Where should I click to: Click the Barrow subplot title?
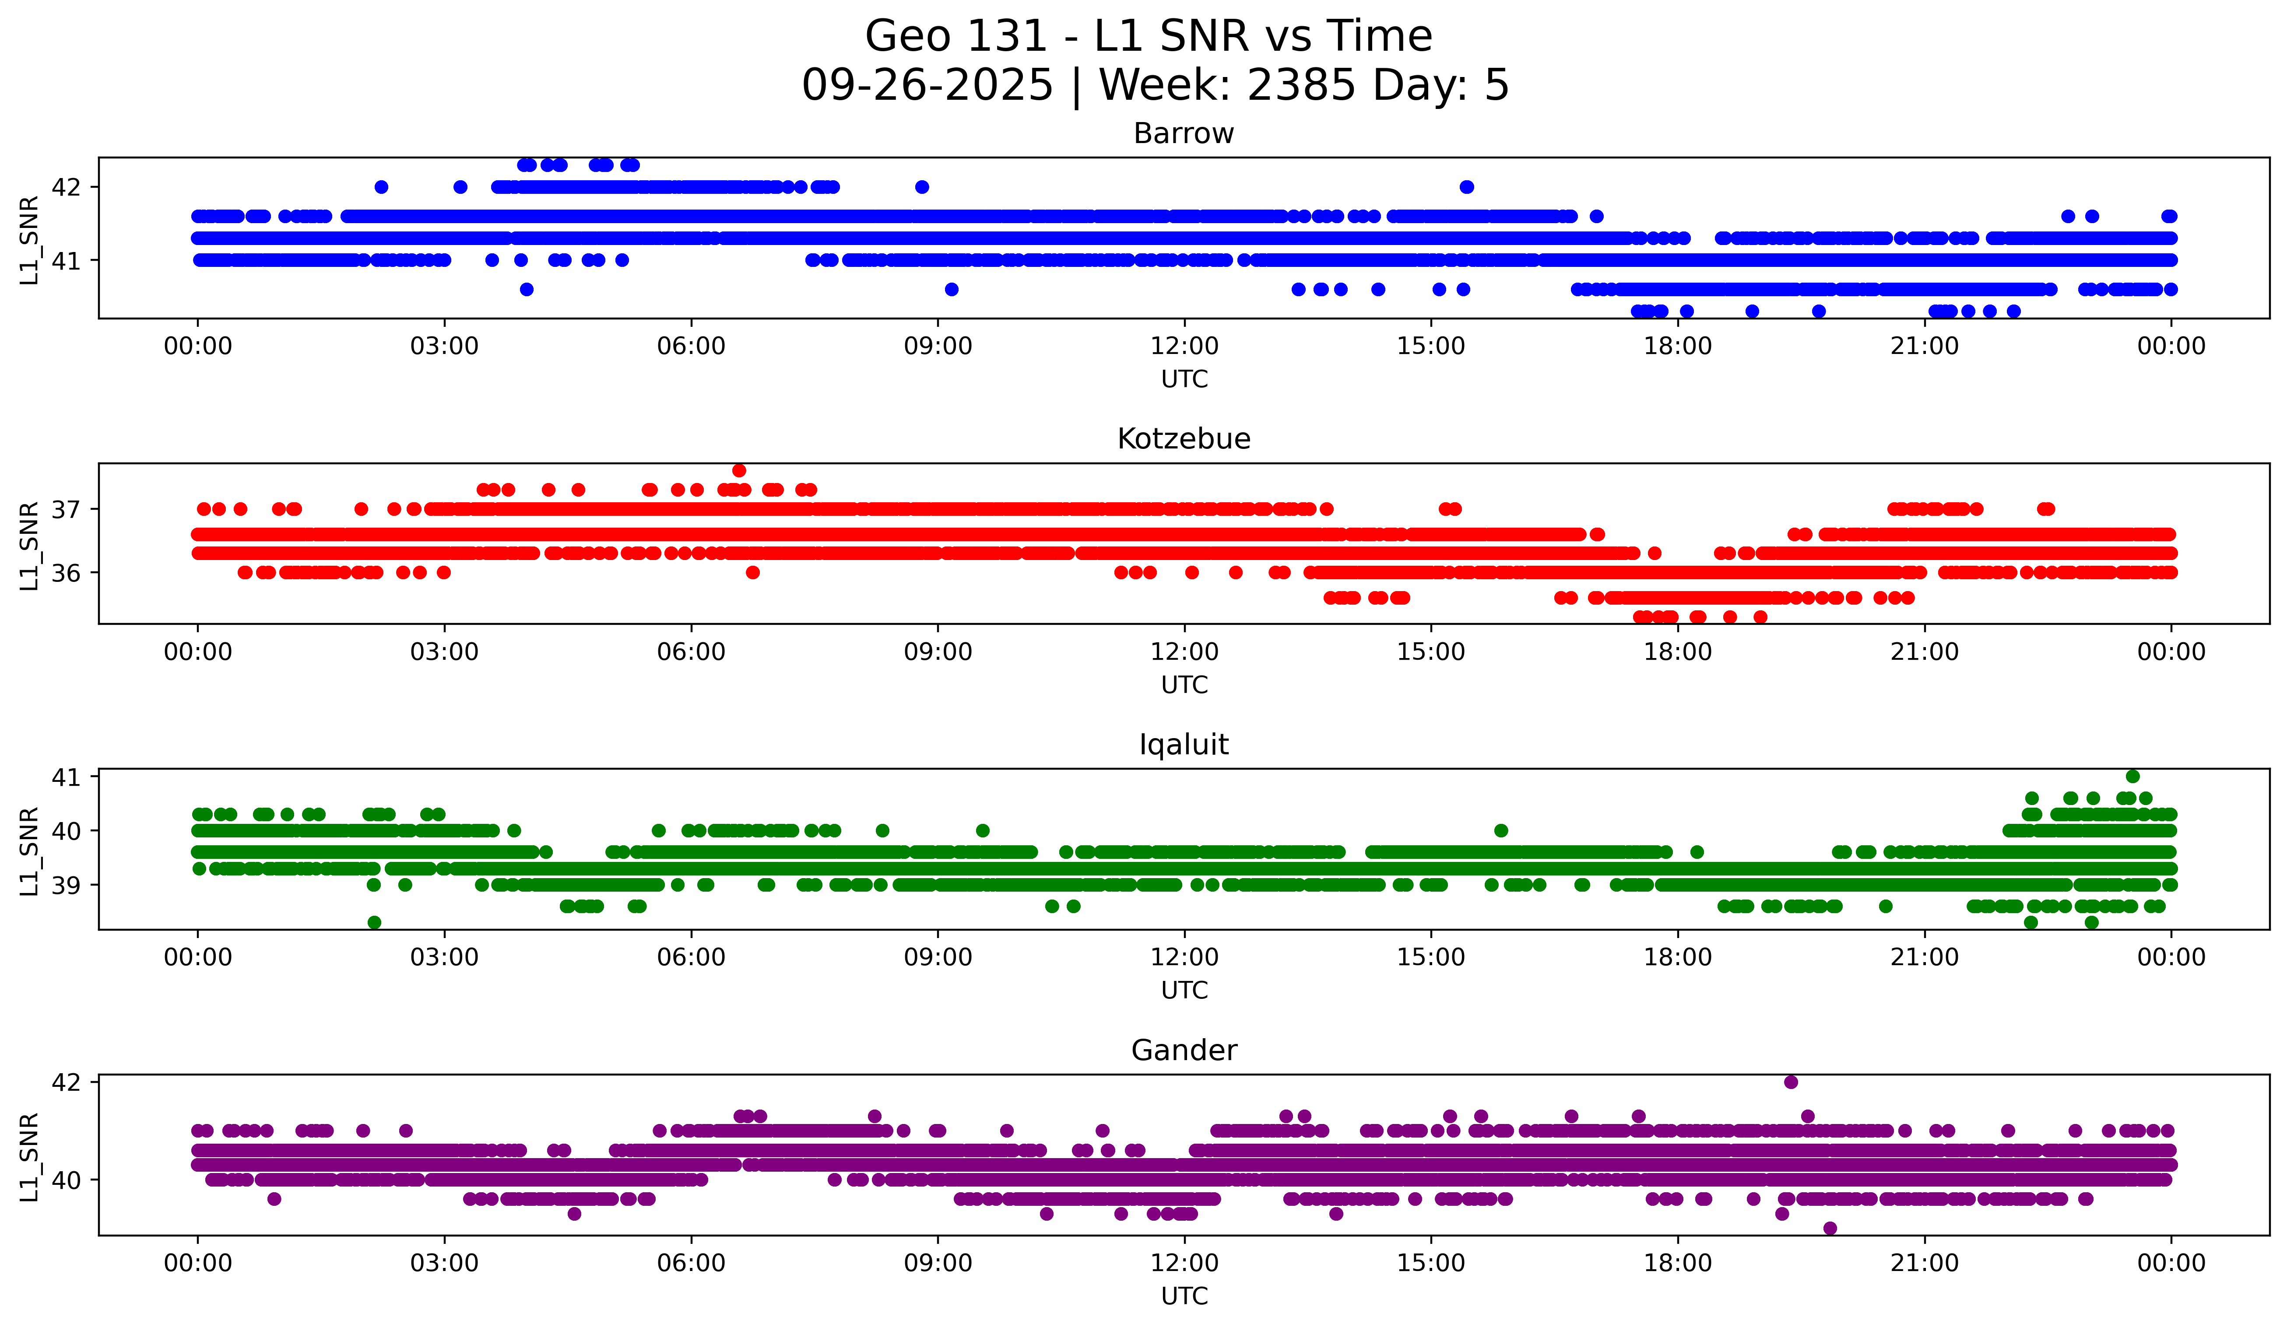[1184, 133]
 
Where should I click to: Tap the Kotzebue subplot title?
[1184, 439]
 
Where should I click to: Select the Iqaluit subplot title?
[1184, 745]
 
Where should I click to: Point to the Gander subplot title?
[1184, 1050]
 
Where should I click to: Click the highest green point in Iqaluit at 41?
[2133, 777]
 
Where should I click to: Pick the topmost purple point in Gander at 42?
[1791, 1082]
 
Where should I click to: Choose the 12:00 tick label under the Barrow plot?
[1184, 347]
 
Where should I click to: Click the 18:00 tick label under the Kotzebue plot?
[1678, 652]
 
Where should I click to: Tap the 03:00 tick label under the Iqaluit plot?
[445, 958]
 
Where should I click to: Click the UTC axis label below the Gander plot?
[1184, 1296]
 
